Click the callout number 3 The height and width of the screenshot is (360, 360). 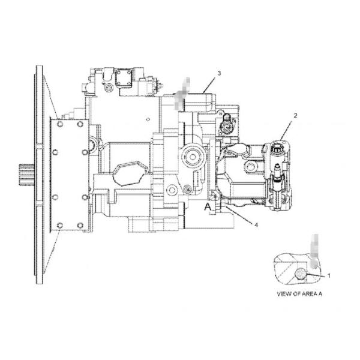[219, 73]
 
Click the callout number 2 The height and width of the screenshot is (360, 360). [295, 116]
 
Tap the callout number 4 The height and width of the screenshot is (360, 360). [256, 225]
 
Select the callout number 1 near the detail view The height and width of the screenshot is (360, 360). [329, 275]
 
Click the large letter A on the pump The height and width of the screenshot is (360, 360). [208, 207]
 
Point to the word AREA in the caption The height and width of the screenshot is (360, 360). [308, 294]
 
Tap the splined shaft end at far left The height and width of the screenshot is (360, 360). [26, 175]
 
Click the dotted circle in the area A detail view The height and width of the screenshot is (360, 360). [300, 274]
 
